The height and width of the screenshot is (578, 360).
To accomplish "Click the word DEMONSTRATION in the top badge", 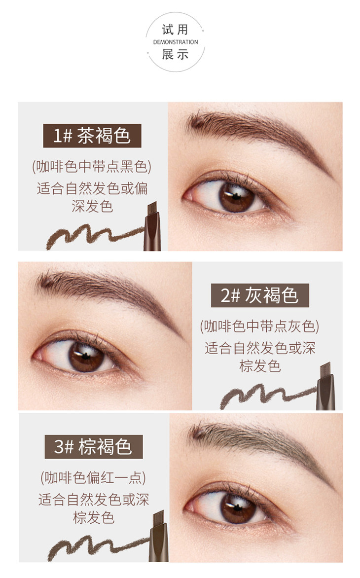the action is tap(176, 42).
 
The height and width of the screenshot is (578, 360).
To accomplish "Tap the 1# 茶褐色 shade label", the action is tap(92, 136).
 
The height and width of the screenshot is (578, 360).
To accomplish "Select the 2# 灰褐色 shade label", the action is tap(260, 295).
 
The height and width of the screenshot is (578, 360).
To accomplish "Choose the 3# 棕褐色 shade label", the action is tap(94, 447).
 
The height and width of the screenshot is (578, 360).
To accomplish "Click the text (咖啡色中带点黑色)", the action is tap(92, 167).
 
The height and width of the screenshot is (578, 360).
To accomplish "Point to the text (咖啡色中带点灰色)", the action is tap(260, 326).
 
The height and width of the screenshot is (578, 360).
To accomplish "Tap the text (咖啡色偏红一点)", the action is tap(93, 478).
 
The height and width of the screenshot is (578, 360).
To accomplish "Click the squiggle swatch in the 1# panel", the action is tap(94, 236).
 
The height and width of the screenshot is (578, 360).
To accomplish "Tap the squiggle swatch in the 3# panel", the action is tap(98, 548).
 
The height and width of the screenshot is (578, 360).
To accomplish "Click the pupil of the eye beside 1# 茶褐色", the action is tap(235, 196).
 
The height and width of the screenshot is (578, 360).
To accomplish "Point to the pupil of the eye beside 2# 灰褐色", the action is tap(85, 356).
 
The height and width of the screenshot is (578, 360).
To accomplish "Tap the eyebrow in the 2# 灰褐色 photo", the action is tap(110, 291).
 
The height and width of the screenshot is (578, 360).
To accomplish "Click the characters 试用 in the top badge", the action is tap(176, 30).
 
